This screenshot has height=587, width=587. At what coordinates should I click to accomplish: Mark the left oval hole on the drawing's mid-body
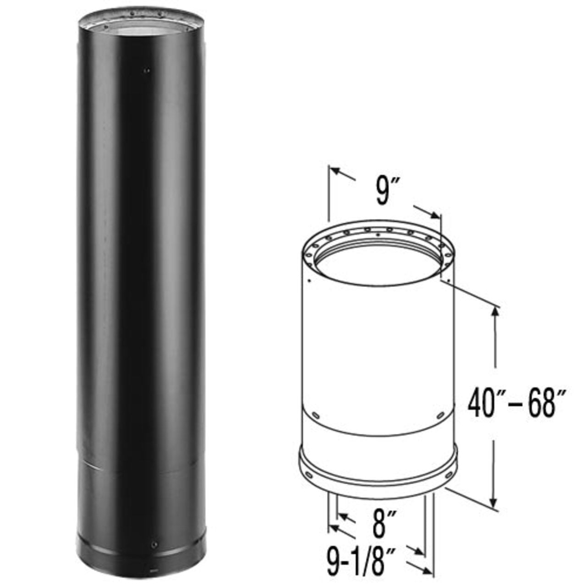[x=316, y=415]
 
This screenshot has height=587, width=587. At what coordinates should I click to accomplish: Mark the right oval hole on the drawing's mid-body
[x=441, y=415]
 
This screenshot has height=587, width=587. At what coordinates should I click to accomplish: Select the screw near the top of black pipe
[x=146, y=70]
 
